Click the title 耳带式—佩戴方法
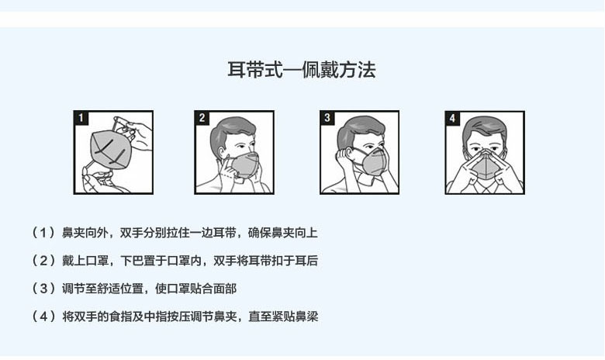point(302,70)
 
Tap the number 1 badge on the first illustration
point(81,118)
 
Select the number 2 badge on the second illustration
point(202,118)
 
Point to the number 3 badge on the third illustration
point(327,118)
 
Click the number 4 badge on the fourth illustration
point(453,118)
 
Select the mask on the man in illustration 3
point(374,161)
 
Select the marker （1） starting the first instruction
point(43,233)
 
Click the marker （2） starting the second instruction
point(43,261)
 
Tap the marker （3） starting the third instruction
point(43,289)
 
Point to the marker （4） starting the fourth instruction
point(43,317)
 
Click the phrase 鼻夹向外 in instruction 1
point(85,233)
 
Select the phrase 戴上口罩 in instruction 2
point(85,261)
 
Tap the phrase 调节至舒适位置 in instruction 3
point(102,289)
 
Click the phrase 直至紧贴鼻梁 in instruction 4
point(283,317)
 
